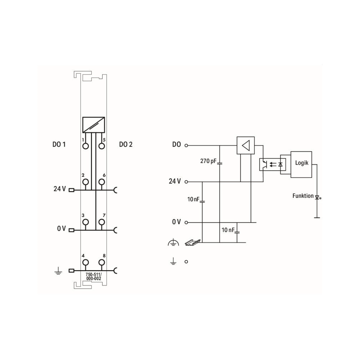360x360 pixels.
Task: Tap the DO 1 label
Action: point(59,144)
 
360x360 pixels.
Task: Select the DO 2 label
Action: point(126,144)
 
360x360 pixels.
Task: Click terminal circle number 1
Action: point(86,146)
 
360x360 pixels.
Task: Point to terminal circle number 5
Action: point(102,146)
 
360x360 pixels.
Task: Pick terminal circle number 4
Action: point(86,262)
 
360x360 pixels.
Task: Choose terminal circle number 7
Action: point(102,222)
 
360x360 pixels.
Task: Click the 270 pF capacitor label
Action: point(208,161)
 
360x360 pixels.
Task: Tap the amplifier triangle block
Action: point(246,145)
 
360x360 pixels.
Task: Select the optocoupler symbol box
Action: point(273,164)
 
